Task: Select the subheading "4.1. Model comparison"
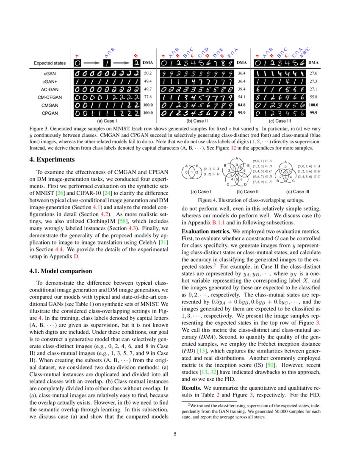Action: click(60, 271)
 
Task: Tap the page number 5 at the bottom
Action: click(180, 434)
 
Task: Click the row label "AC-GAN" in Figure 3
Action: click(50, 89)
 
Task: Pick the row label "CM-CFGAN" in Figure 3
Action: click(50, 97)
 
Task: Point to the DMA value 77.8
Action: click(147, 97)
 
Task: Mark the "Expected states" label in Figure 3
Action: click(50, 63)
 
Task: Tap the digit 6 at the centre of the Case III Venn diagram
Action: click(285, 173)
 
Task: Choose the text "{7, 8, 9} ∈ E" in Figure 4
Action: click(261, 182)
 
